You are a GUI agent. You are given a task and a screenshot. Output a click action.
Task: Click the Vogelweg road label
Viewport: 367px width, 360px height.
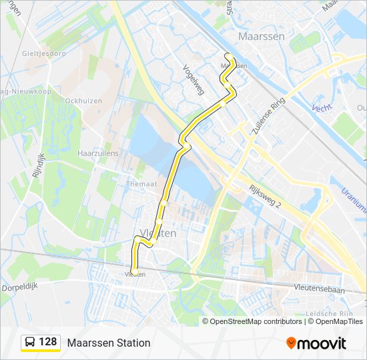194,79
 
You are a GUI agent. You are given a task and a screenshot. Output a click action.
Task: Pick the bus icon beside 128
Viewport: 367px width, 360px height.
31,343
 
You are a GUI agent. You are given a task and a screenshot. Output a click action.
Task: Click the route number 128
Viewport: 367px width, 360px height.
48,342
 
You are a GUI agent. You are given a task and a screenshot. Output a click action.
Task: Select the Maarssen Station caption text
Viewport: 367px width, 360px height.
108,343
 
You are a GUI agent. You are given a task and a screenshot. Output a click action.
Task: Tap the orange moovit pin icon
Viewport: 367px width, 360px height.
292,343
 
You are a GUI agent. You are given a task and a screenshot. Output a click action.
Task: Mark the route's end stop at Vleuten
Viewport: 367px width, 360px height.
135,271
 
